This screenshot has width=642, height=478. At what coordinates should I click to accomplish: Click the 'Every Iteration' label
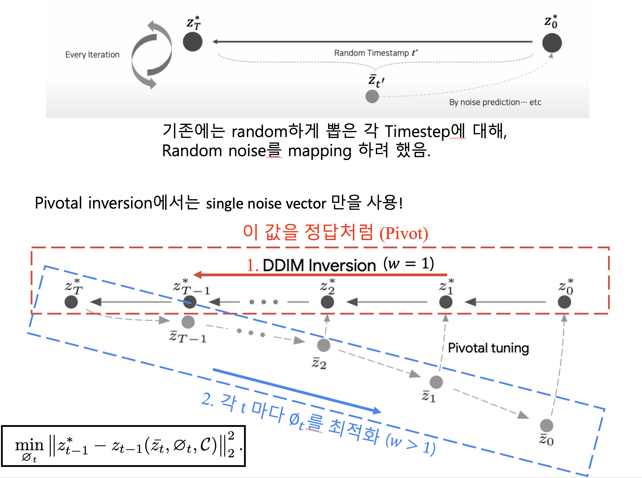tap(92, 55)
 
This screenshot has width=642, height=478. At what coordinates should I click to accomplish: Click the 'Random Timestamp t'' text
tap(376, 53)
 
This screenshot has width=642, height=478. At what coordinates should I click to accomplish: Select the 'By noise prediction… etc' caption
tap(495, 102)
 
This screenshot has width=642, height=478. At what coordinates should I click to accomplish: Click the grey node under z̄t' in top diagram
tap(372, 96)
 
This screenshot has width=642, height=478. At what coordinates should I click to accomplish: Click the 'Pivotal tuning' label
tap(488, 348)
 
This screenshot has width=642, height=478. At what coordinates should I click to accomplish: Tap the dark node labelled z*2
tap(327, 302)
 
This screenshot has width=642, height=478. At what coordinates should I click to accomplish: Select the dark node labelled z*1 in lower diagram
tap(446, 302)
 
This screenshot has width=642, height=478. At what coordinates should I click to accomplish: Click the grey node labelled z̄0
tap(546, 425)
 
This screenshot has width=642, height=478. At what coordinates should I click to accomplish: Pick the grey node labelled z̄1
tap(436, 382)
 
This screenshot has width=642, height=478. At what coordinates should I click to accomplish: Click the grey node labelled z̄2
tap(324, 345)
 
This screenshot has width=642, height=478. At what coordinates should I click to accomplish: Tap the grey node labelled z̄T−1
tap(188, 322)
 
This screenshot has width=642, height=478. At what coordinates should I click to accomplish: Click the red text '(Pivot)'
tap(404, 233)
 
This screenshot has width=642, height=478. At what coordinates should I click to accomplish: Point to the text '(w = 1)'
tap(409, 263)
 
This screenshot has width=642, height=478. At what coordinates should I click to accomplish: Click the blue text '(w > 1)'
tap(411, 444)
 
